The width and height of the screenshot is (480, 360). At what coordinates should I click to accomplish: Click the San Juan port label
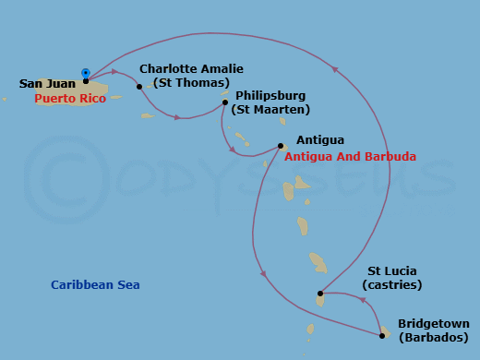(x=47, y=84)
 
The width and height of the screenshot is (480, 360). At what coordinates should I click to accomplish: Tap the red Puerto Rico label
(x=69, y=98)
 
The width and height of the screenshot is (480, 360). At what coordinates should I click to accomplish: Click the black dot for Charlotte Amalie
(x=139, y=87)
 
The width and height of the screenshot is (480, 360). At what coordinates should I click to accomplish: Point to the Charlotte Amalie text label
(x=184, y=68)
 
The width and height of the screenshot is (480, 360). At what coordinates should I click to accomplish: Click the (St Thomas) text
(x=184, y=83)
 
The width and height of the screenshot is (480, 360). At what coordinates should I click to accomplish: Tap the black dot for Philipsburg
(x=225, y=102)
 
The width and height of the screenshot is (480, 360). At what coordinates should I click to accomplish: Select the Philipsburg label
(x=270, y=95)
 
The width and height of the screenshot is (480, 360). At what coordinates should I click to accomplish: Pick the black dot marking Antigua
(x=281, y=145)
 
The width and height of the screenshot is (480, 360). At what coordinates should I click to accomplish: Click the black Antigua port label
(x=320, y=140)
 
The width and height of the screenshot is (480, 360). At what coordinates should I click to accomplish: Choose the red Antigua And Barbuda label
(x=350, y=157)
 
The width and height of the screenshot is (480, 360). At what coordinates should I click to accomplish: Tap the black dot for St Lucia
(x=320, y=294)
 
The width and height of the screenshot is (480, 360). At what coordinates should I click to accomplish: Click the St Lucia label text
(x=392, y=271)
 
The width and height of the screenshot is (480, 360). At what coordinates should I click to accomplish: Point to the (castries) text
(x=392, y=286)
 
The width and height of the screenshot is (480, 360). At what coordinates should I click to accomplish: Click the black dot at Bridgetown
(x=382, y=332)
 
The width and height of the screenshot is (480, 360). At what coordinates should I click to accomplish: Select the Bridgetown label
(x=433, y=324)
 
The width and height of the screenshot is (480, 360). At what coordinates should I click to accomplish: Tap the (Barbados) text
(x=433, y=339)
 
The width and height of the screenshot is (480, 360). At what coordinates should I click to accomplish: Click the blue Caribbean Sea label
(x=96, y=285)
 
